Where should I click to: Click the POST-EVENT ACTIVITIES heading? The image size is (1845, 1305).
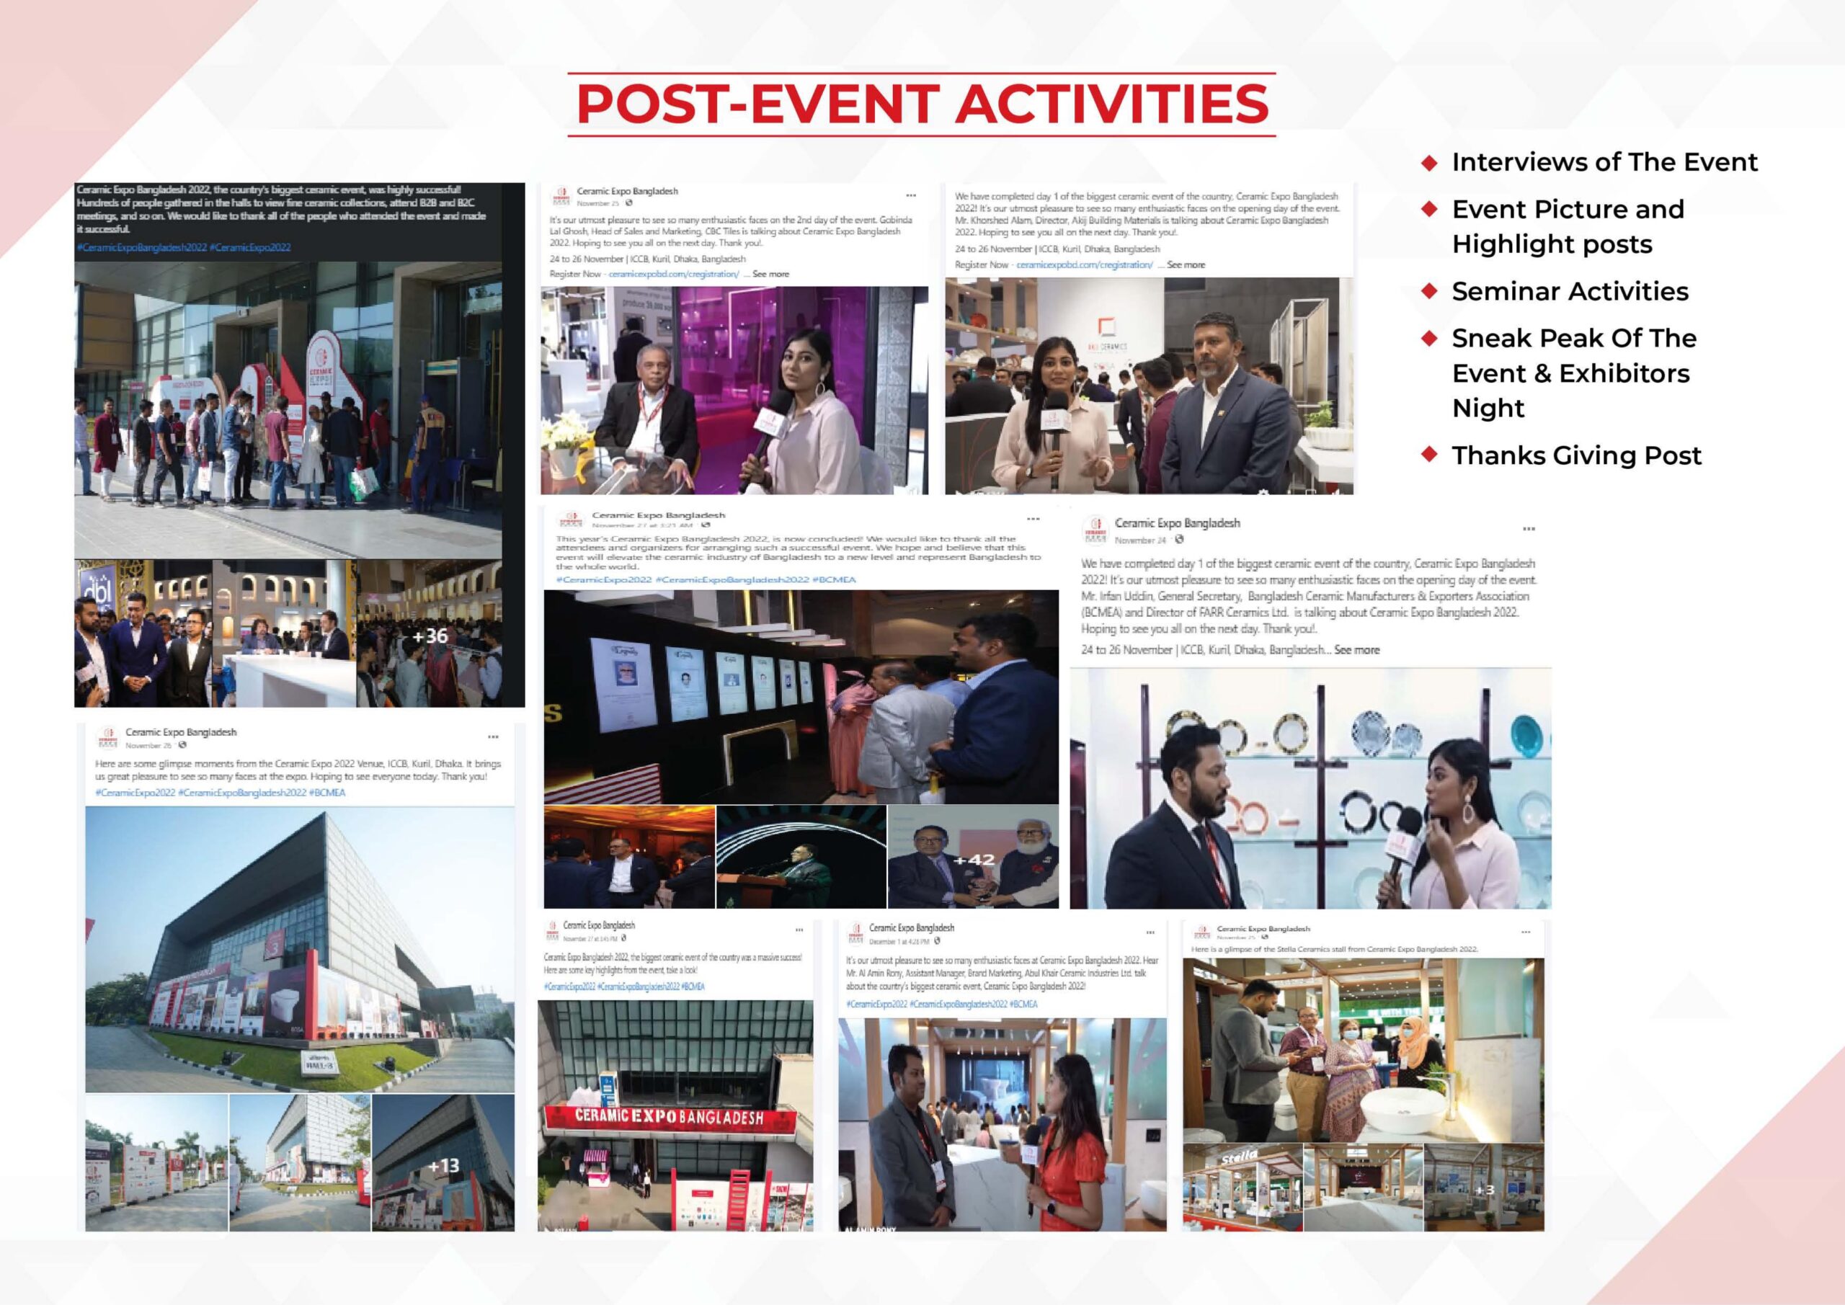point(922,104)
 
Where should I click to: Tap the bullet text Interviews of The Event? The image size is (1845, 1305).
point(1604,162)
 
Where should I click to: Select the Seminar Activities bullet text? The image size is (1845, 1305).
point(1570,291)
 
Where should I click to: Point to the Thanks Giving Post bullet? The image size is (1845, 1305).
point(1575,455)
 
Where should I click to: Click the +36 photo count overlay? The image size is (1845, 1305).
point(430,636)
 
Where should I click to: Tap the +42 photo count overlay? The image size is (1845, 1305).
point(973,860)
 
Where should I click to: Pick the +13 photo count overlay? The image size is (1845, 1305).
point(443,1165)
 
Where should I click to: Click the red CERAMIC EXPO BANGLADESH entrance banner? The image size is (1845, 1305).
point(669,1118)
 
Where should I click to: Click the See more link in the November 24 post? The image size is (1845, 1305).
point(1356,650)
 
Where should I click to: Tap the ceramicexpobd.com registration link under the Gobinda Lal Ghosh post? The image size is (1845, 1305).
point(673,274)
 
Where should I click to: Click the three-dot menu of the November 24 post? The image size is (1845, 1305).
point(1529,529)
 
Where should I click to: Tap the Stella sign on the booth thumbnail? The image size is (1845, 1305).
point(1238,1159)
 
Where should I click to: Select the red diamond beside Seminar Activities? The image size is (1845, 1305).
point(1428,291)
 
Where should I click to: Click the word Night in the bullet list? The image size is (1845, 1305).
point(1488,408)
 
